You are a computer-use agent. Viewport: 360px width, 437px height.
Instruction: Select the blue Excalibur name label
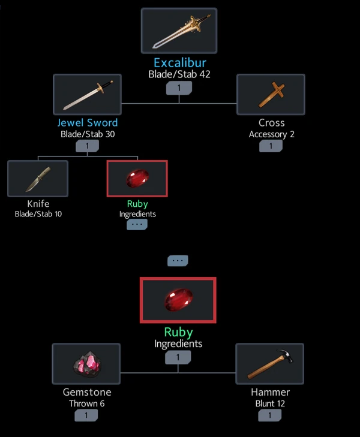pos(179,63)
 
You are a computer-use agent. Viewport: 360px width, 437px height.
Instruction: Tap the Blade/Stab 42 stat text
pos(179,75)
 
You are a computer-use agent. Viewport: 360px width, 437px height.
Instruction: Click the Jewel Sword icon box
pos(87,95)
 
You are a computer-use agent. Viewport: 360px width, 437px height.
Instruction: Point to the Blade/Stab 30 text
pos(88,134)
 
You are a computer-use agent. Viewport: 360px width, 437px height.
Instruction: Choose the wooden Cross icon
pos(271,95)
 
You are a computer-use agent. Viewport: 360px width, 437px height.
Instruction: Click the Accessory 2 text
pos(271,134)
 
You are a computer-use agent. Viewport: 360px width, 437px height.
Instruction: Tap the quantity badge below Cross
pos(271,146)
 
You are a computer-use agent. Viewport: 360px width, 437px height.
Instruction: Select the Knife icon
pos(38,179)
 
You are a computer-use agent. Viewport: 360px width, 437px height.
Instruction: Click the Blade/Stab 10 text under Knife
pos(38,214)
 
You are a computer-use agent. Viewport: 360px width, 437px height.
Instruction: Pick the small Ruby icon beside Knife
pos(137,179)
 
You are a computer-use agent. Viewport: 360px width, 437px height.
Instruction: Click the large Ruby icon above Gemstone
pos(178,300)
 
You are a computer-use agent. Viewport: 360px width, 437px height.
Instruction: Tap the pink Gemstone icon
pos(86,364)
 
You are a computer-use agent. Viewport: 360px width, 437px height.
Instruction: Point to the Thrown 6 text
pos(86,403)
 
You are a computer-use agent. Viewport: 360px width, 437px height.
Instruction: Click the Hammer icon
pos(269,364)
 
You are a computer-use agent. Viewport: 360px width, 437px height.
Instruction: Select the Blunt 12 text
pos(270,403)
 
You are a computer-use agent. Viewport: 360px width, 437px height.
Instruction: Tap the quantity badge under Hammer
pos(270,415)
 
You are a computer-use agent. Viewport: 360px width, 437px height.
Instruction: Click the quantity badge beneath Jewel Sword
pos(88,146)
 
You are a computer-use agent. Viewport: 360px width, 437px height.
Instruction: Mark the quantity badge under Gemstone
pos(86,415)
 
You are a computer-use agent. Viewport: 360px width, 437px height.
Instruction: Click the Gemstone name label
pos(87,392)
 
